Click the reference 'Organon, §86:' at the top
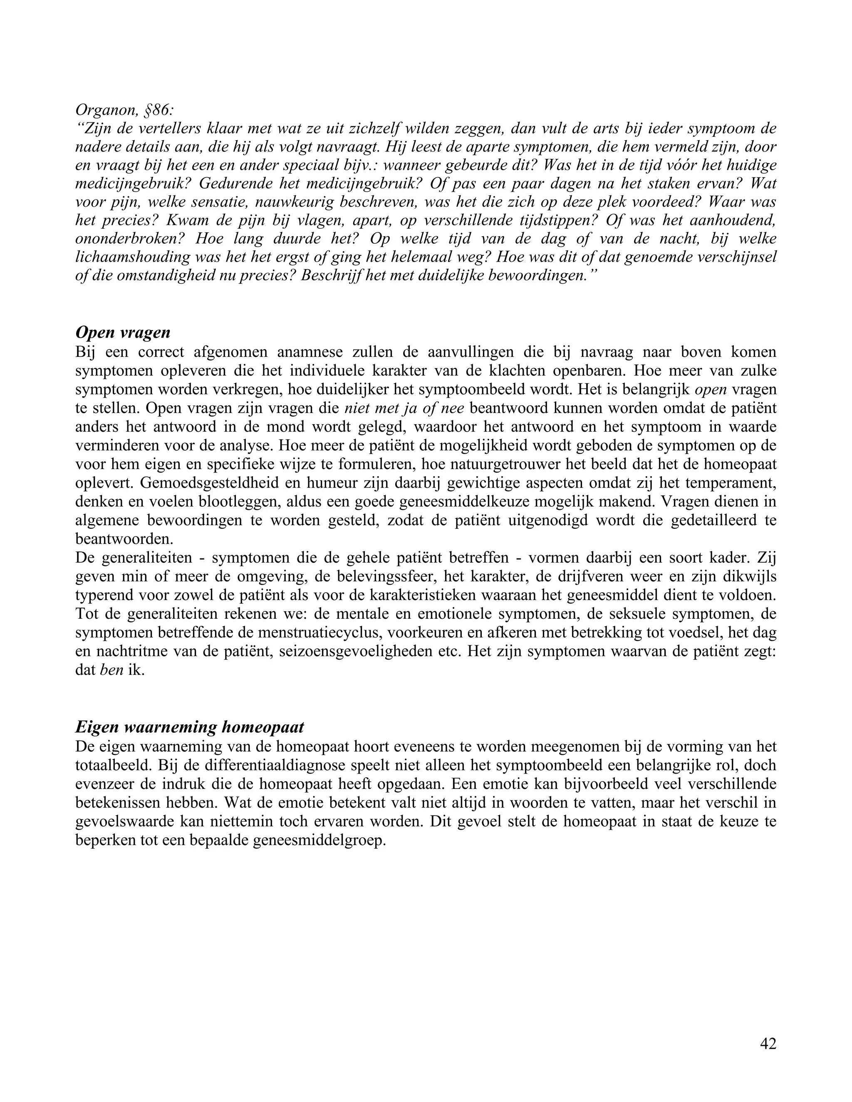[x=124, y=109]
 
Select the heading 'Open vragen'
[x=123, y=333]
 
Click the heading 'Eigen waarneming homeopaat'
[x=189, y=727]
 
